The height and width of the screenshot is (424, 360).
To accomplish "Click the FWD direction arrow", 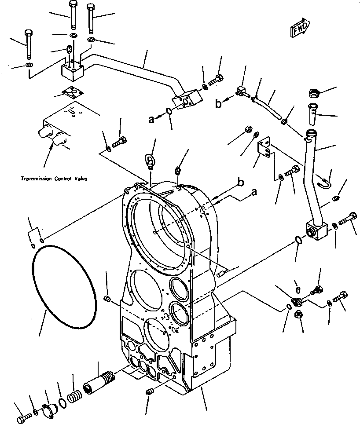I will (301, 27).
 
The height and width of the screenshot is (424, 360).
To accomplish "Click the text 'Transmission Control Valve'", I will (54, 179).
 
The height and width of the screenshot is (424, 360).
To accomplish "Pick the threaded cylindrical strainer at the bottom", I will (101, 380).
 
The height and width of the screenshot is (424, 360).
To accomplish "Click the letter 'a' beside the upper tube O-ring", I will (151, 119).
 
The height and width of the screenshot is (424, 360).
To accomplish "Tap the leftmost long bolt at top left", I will (29, 44).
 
